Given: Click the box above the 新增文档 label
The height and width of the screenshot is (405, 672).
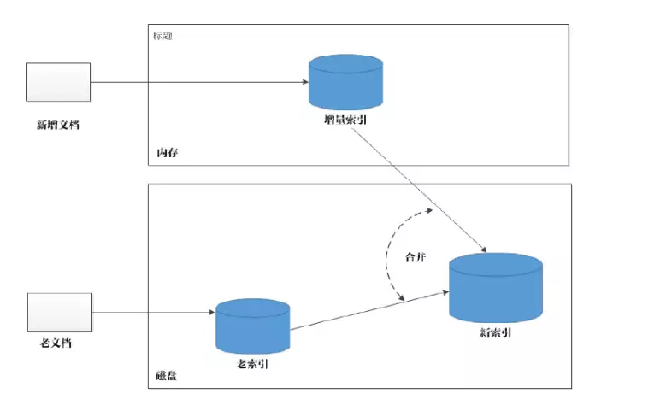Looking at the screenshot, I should (x=57, y=83).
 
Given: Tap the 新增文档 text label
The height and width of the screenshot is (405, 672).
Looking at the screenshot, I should (x=58, y=126).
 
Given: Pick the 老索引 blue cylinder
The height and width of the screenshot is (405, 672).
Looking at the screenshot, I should (x=252, y=326).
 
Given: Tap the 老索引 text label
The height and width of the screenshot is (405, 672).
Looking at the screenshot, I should (x=253, y=364).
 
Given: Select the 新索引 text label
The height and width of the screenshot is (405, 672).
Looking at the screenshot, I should (x=496, y=332).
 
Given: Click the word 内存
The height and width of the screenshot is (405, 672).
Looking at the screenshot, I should (x=167, y=153).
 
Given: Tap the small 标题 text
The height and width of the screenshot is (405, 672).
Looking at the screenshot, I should (x=162, y=36).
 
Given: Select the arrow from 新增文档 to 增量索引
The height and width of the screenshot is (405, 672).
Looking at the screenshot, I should (x=197, y=83).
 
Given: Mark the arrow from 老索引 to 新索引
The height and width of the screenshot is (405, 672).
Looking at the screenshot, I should (x=368, y=310).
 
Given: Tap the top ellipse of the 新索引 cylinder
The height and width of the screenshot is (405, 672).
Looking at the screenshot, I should (x=496, y=264).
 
